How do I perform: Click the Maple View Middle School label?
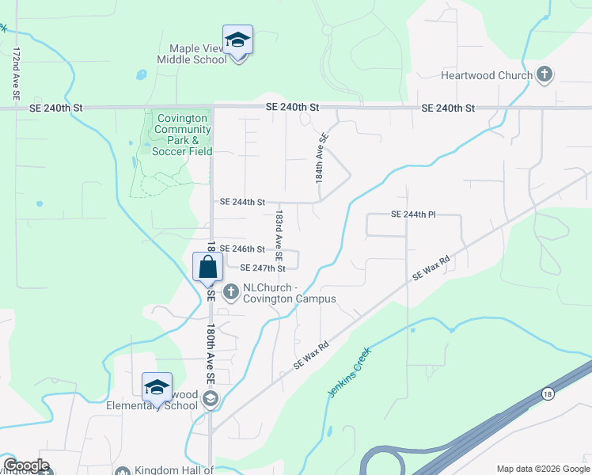point(192,54)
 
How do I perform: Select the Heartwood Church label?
point(487,76)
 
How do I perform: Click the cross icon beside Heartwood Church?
point(544,75)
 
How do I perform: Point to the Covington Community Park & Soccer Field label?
point(181,135)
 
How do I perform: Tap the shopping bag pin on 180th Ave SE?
point(207,267)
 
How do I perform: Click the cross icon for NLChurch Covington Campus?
point(231,292)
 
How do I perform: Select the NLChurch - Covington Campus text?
point(289,293)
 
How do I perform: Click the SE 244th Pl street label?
point(414,215)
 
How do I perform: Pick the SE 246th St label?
point(242,249)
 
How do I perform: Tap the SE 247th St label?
point(262,268)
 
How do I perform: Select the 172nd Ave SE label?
point(16,73)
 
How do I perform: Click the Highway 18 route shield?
point(547,393)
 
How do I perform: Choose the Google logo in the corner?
point(26,465)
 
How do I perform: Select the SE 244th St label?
point(242,203)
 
